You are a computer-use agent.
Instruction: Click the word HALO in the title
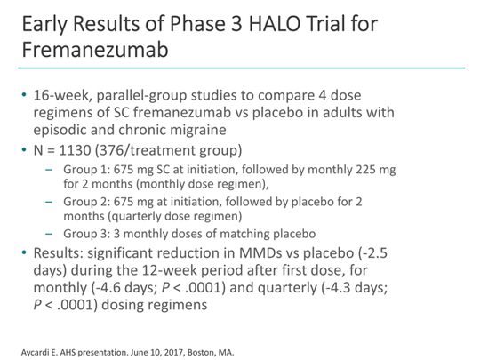275,24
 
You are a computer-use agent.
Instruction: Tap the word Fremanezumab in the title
95,50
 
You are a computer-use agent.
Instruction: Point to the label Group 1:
86,170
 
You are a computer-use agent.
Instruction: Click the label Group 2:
86,202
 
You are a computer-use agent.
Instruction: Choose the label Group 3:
86,234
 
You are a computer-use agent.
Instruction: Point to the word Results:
58,253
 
